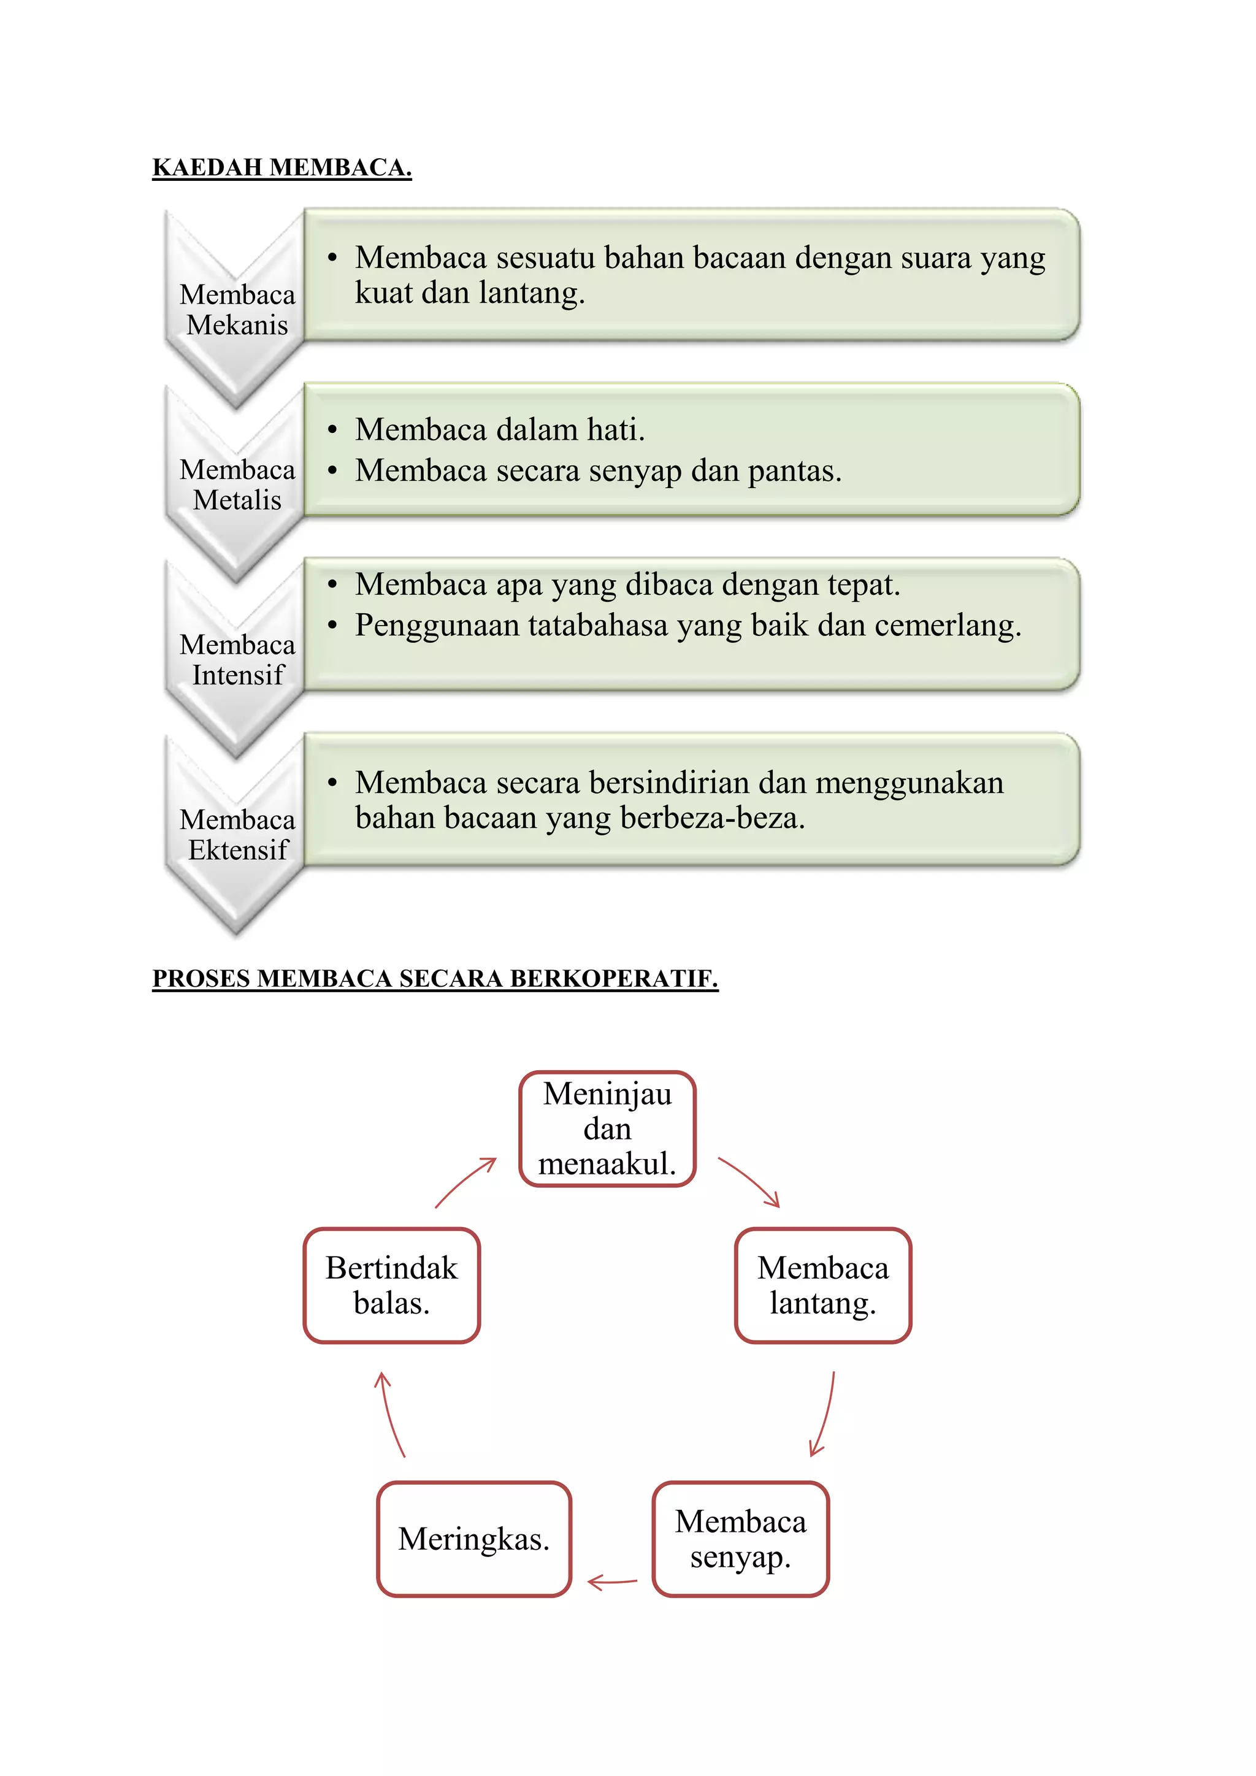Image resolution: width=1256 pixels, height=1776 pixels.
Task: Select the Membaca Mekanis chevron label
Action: tap(237, 310)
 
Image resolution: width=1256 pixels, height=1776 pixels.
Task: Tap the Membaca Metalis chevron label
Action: tap(237, 484)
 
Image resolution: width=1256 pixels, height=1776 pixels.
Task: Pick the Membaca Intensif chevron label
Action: tap(237, 659)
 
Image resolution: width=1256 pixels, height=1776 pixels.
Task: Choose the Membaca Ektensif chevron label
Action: tap(237, 834)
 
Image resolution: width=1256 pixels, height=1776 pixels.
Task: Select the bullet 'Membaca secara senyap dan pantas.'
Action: tap(597, 470)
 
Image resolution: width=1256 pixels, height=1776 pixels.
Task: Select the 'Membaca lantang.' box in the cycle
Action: tap(823, 1285)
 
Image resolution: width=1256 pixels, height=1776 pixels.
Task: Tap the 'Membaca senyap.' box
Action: tap(740, 1539)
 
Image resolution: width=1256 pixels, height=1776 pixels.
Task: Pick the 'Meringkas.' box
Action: tap(473, 1539)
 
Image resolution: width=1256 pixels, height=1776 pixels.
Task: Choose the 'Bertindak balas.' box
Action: tap(391, 1285)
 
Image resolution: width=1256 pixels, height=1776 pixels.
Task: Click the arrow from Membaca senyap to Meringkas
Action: tap(612, 1583)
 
